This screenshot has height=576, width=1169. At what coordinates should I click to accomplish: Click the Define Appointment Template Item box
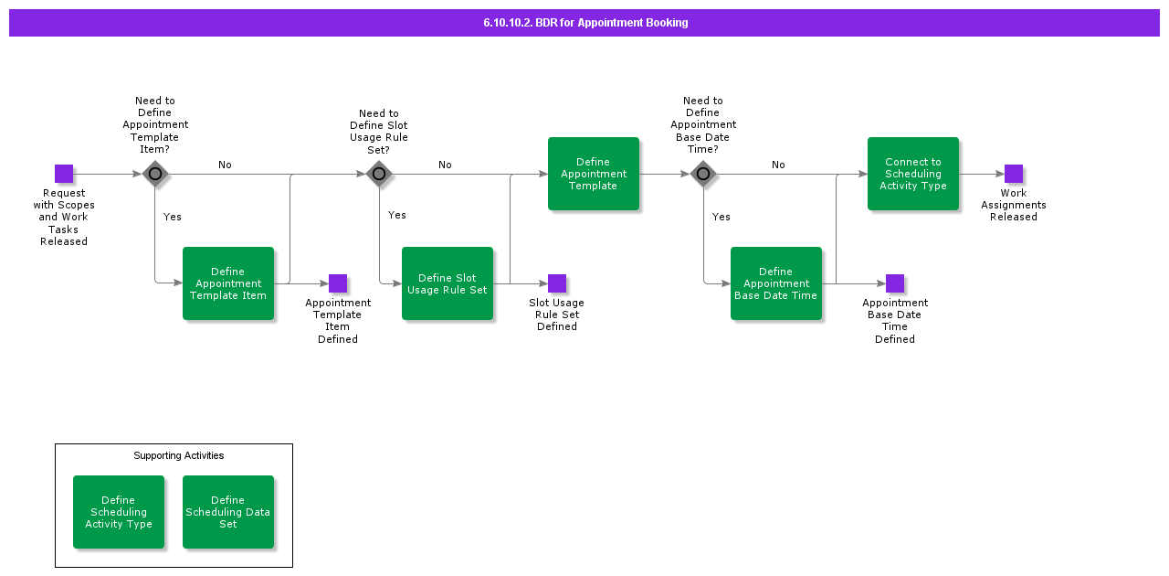coord(228,283)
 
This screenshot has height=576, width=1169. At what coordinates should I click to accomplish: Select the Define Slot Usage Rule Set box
coord(448,283)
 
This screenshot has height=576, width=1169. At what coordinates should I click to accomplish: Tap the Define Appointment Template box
coord(594,174)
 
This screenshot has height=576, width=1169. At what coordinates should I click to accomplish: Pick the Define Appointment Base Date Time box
coord(776,283)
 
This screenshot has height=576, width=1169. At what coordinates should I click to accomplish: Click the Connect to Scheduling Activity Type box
coord(913,174)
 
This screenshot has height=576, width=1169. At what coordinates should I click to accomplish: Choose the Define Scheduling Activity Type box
coord(119,512)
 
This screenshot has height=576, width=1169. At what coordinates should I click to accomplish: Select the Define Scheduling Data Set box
coord(228,512)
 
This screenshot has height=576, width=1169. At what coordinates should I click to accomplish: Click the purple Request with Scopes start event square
coord(64,174)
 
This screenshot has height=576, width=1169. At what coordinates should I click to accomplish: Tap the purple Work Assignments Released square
coord(1014,174)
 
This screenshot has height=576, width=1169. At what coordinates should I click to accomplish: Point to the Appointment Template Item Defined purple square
coord(338,283)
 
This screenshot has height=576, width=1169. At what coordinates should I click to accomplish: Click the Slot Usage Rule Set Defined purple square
coord(557,283)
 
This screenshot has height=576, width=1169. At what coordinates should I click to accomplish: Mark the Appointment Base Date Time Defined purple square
coord(895,283)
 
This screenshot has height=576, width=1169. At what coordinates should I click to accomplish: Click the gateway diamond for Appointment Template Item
coord(155,174)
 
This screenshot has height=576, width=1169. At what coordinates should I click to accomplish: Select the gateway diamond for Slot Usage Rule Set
coord(379,174)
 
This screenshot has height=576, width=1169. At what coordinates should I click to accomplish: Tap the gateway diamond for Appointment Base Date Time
coord(703,174)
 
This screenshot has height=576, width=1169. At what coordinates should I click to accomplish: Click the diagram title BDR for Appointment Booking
coord(585,23)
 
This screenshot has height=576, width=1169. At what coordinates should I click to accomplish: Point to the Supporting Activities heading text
coord(179,455)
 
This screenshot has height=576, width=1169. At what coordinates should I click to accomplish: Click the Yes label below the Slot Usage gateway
coord(397,215)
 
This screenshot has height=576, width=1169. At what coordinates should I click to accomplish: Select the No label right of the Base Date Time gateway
coord(778,165)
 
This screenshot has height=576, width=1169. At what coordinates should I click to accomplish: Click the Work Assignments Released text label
coord(1014,205)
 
